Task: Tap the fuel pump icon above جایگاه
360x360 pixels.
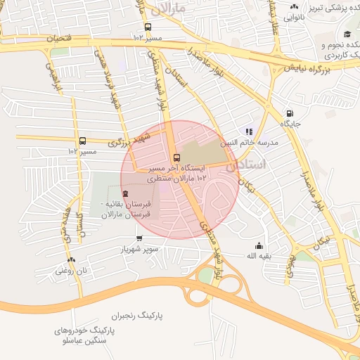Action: [289, 113]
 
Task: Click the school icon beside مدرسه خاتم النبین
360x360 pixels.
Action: [248, 131]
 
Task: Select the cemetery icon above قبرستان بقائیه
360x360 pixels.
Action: [125, 193]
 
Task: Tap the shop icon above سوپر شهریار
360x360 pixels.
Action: [139, 238]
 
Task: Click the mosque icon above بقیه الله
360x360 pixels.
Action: [259, 245]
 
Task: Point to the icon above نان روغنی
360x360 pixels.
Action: [72, 259]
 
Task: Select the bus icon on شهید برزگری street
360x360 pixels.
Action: [83, 141]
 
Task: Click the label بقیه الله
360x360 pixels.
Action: [262, 256]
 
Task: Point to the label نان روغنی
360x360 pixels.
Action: [72, 270]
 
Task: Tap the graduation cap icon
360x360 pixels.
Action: [347, 34]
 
